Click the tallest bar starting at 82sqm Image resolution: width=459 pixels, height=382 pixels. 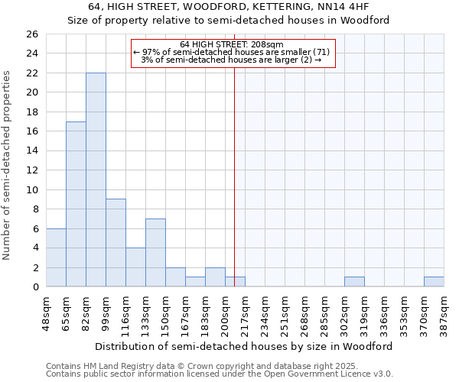coord(96,180)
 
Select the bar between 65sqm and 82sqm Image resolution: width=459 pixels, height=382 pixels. coord(76,204)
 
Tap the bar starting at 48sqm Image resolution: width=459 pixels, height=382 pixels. coord(56,257)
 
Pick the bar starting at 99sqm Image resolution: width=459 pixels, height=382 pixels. coord(116,243)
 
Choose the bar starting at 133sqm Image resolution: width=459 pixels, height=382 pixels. coord(155,253)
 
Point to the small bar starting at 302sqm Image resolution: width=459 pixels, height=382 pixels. coord(354,282)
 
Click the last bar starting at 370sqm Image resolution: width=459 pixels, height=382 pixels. coord(434,282)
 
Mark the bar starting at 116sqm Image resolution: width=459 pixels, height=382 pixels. coord(135,267)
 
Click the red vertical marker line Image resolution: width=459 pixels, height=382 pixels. coord(234,176)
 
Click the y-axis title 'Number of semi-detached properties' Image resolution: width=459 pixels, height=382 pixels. coord(8,165)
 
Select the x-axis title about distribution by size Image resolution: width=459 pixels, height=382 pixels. coord(245,346)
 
